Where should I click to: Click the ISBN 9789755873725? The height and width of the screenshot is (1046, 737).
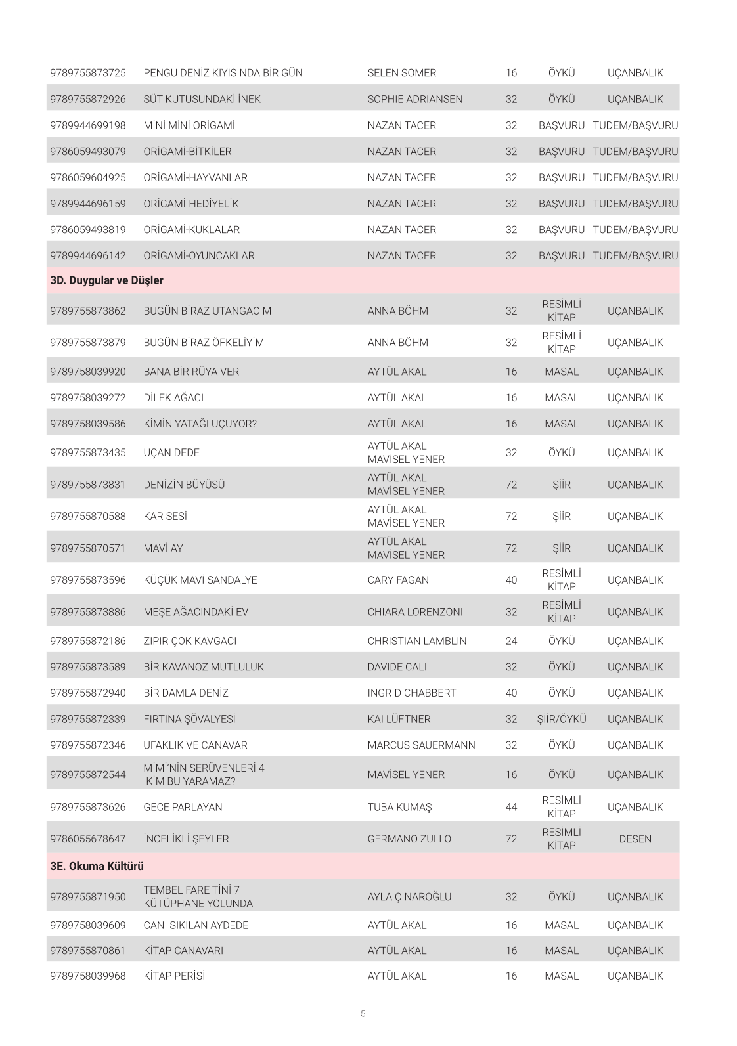point(87,73)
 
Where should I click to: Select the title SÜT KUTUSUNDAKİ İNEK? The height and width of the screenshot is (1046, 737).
point(202,99)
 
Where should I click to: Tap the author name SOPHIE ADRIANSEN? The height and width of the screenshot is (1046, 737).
point(414,99)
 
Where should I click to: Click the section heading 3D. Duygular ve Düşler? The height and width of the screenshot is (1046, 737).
point(106,280)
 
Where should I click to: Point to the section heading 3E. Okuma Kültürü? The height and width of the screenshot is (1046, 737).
point(97,866)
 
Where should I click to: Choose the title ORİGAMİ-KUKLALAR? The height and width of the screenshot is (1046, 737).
point(191,230)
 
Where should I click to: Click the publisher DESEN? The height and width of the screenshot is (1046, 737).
point(635,839)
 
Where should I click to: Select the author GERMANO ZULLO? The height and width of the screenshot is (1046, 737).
point(409,839)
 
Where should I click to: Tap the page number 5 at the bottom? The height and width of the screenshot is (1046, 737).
point(363,1013)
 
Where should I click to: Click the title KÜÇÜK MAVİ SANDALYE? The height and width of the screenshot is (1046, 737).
point(200,580)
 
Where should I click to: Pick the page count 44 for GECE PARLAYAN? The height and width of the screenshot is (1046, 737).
point(511,807)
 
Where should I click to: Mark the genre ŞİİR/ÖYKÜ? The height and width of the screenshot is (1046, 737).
point(561,719)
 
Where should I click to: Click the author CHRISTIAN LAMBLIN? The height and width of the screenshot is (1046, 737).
point(416,641)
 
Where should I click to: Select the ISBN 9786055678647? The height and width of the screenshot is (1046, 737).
point(87,839)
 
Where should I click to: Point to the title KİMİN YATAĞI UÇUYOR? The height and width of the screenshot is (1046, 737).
point(200,424)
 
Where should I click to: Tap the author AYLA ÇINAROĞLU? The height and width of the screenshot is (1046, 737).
point(409,897)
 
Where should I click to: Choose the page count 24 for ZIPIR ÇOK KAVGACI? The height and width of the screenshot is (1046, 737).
point(511,641)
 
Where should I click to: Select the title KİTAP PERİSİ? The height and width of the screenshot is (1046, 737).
point(174,976)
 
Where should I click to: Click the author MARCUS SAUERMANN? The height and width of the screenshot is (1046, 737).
point(421,745)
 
